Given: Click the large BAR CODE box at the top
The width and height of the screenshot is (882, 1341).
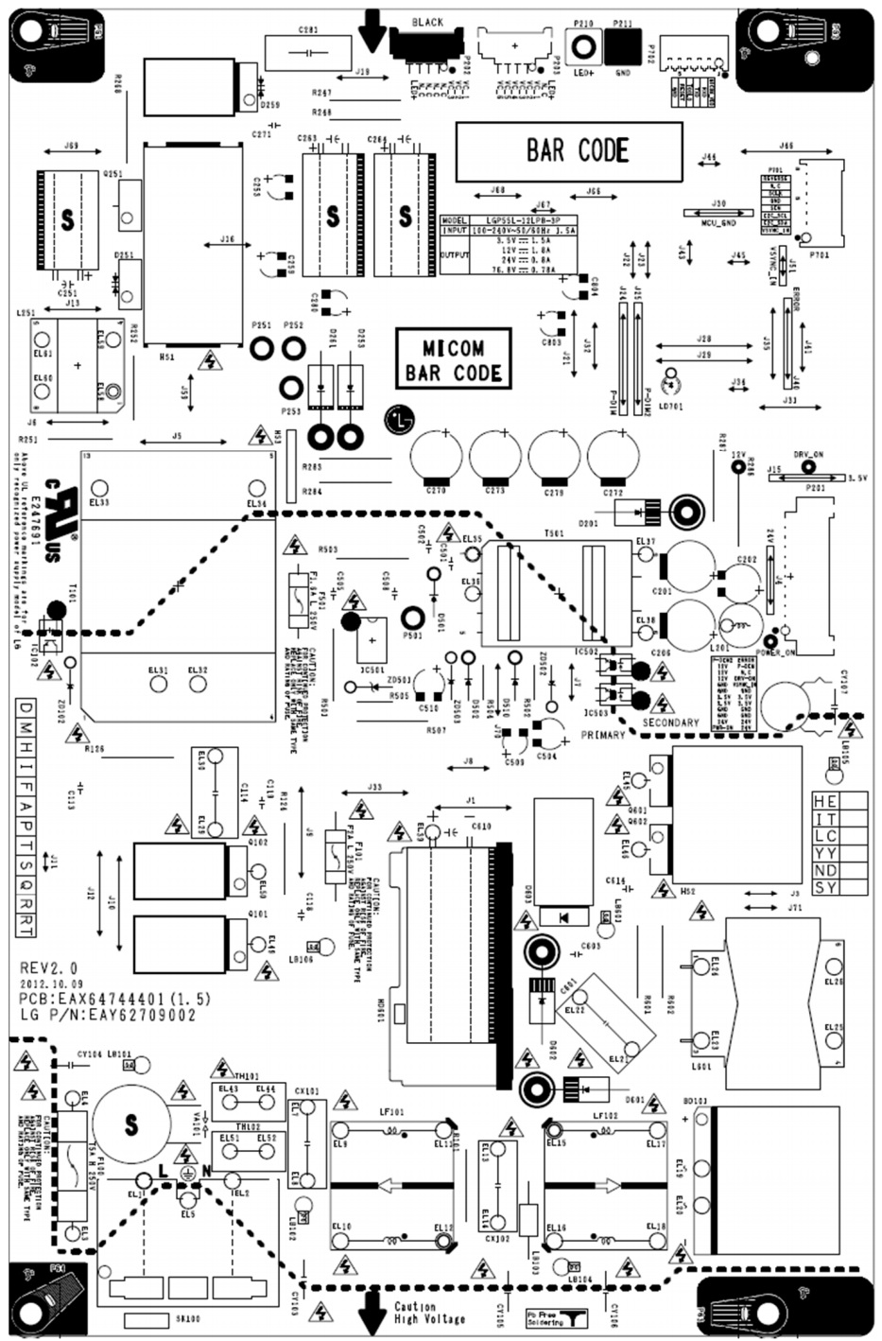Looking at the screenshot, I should click(568, 151).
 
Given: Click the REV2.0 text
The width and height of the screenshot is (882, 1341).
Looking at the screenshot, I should click(49, 968).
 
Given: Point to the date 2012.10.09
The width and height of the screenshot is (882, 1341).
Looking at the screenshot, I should click(56, 984).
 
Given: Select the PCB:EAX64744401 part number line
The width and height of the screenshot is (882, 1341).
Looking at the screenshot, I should click(115, 999).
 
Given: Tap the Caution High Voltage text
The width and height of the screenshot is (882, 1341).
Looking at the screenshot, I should click(429, 1313).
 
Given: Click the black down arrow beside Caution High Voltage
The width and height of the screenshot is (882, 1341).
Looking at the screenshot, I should click(372, 1312).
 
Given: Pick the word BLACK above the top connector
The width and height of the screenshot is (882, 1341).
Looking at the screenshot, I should click(427, 22).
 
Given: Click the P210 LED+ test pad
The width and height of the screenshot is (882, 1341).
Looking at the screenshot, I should click(583, 45).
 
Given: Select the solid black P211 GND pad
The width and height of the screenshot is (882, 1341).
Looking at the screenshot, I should click(623, 45).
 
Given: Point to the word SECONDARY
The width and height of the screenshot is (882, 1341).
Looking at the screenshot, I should click(670, 723).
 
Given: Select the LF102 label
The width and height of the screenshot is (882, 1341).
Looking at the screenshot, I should click(605, 1116).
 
